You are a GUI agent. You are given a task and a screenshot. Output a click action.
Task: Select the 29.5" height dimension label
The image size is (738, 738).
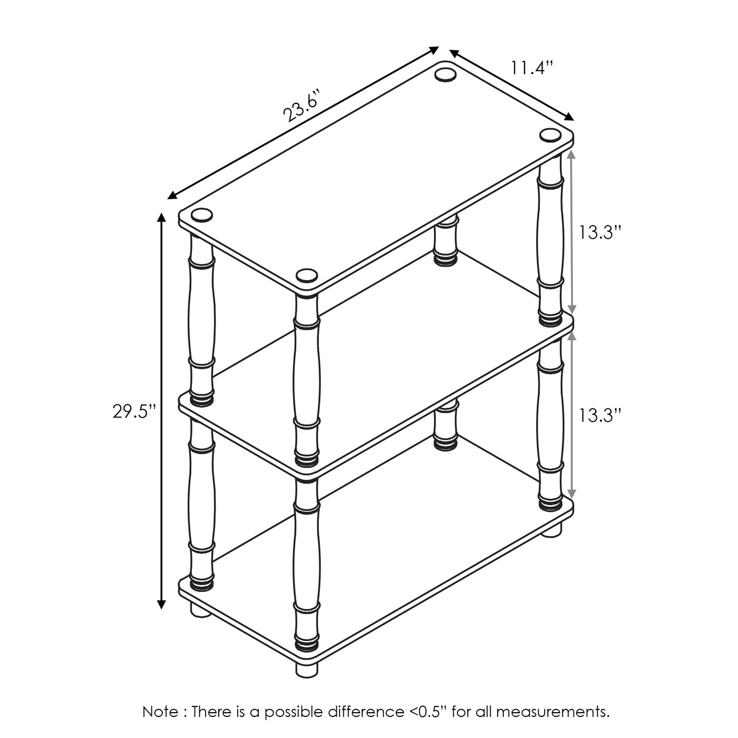tap(135, 411)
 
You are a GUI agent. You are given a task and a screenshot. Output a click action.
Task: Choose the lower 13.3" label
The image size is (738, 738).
tap(600, 415)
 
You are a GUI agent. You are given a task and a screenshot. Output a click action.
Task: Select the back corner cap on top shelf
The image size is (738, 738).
tap(444, 74)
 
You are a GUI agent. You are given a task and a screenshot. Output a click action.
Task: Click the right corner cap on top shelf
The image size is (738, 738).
tap(550, 135)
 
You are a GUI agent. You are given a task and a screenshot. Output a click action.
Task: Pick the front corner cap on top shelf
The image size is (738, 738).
tap(307, 275)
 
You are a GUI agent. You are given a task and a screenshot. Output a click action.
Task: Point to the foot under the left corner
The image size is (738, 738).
tap(201, 618)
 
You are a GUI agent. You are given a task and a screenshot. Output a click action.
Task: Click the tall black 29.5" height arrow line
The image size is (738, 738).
tap(162, 411)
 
